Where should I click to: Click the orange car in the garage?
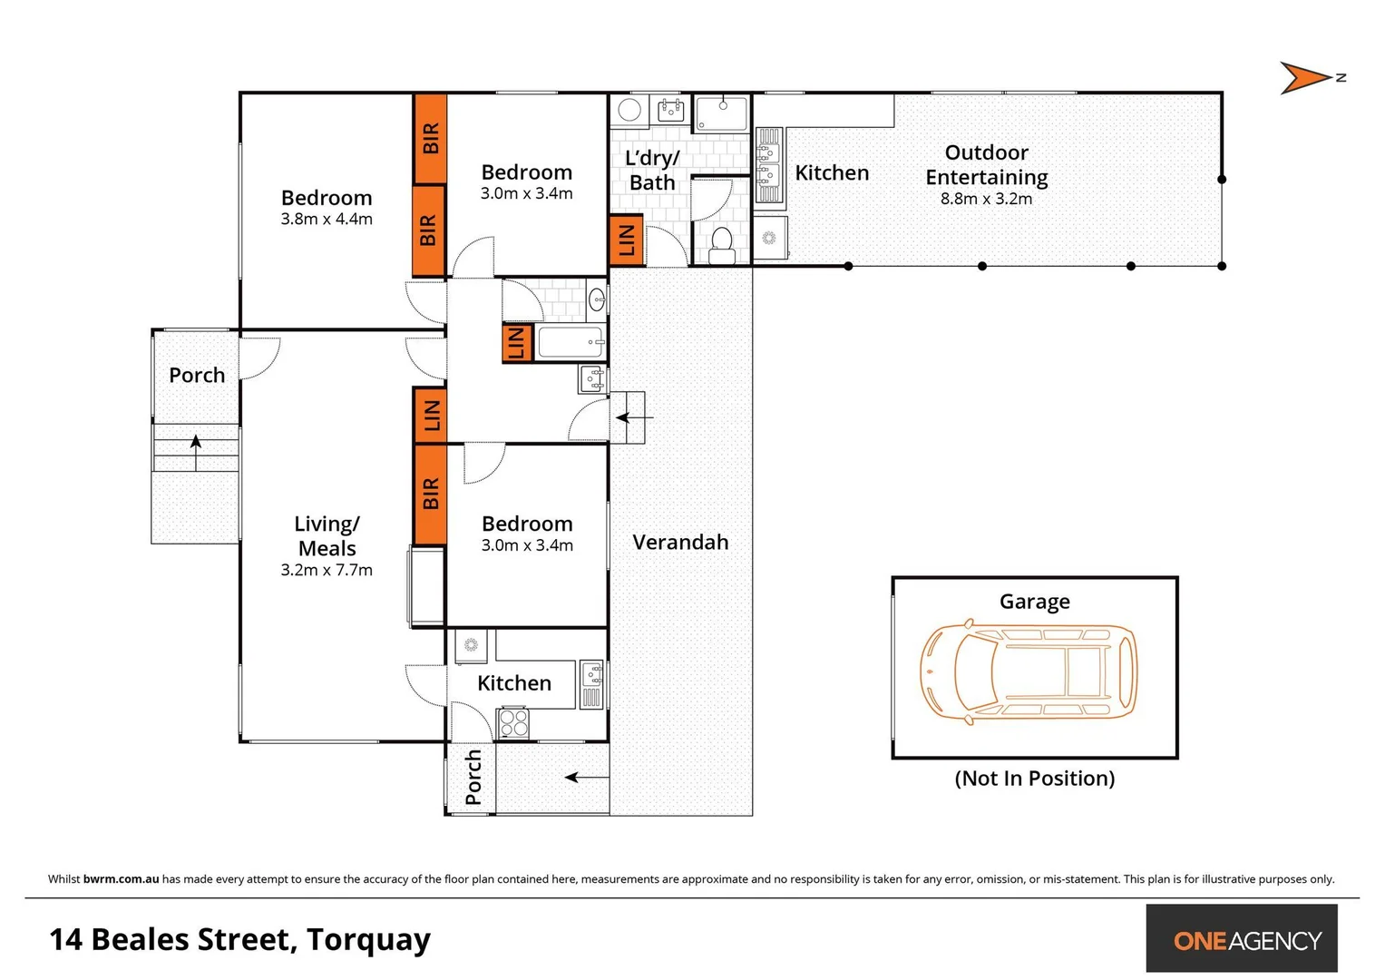pos(1028,672)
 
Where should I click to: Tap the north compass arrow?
pos(1307,78)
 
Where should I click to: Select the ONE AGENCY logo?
pos(1246,941)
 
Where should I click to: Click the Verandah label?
pos(680,543)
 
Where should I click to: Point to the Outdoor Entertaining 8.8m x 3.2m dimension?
pos(986,199)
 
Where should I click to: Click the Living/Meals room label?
pos(327,536)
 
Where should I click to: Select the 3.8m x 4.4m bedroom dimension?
pos(327,220)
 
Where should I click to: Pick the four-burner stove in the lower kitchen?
pos(513,723)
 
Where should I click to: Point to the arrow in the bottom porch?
pos(586,777)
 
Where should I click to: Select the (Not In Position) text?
pos(1034,779)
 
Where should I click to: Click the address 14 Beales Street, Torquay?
pos(239,939)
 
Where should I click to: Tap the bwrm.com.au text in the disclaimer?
pos(121,878)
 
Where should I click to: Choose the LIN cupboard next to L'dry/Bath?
pos(627,240)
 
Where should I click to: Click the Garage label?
pos(1034,602)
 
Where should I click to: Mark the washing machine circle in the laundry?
pos(629,111)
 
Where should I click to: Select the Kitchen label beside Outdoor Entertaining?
pos(832,173)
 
